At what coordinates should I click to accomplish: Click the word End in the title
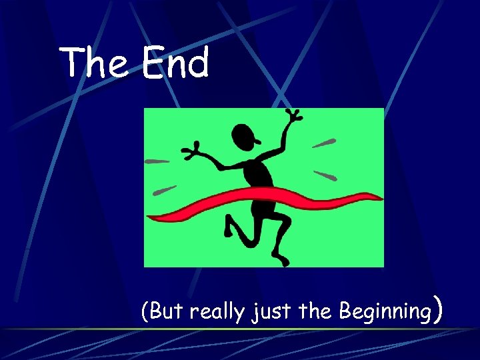[x=175, y=63]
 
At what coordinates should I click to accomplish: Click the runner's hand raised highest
[x=291, y=117]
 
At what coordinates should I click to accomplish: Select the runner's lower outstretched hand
[x=193, y=151]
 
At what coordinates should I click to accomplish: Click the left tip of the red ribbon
[x=151, y=217]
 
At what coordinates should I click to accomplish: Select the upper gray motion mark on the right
[x=324, y=143]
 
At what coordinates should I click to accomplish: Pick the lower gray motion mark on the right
[x=325, y=176]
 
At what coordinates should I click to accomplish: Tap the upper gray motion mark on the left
[x=157, y=161]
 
